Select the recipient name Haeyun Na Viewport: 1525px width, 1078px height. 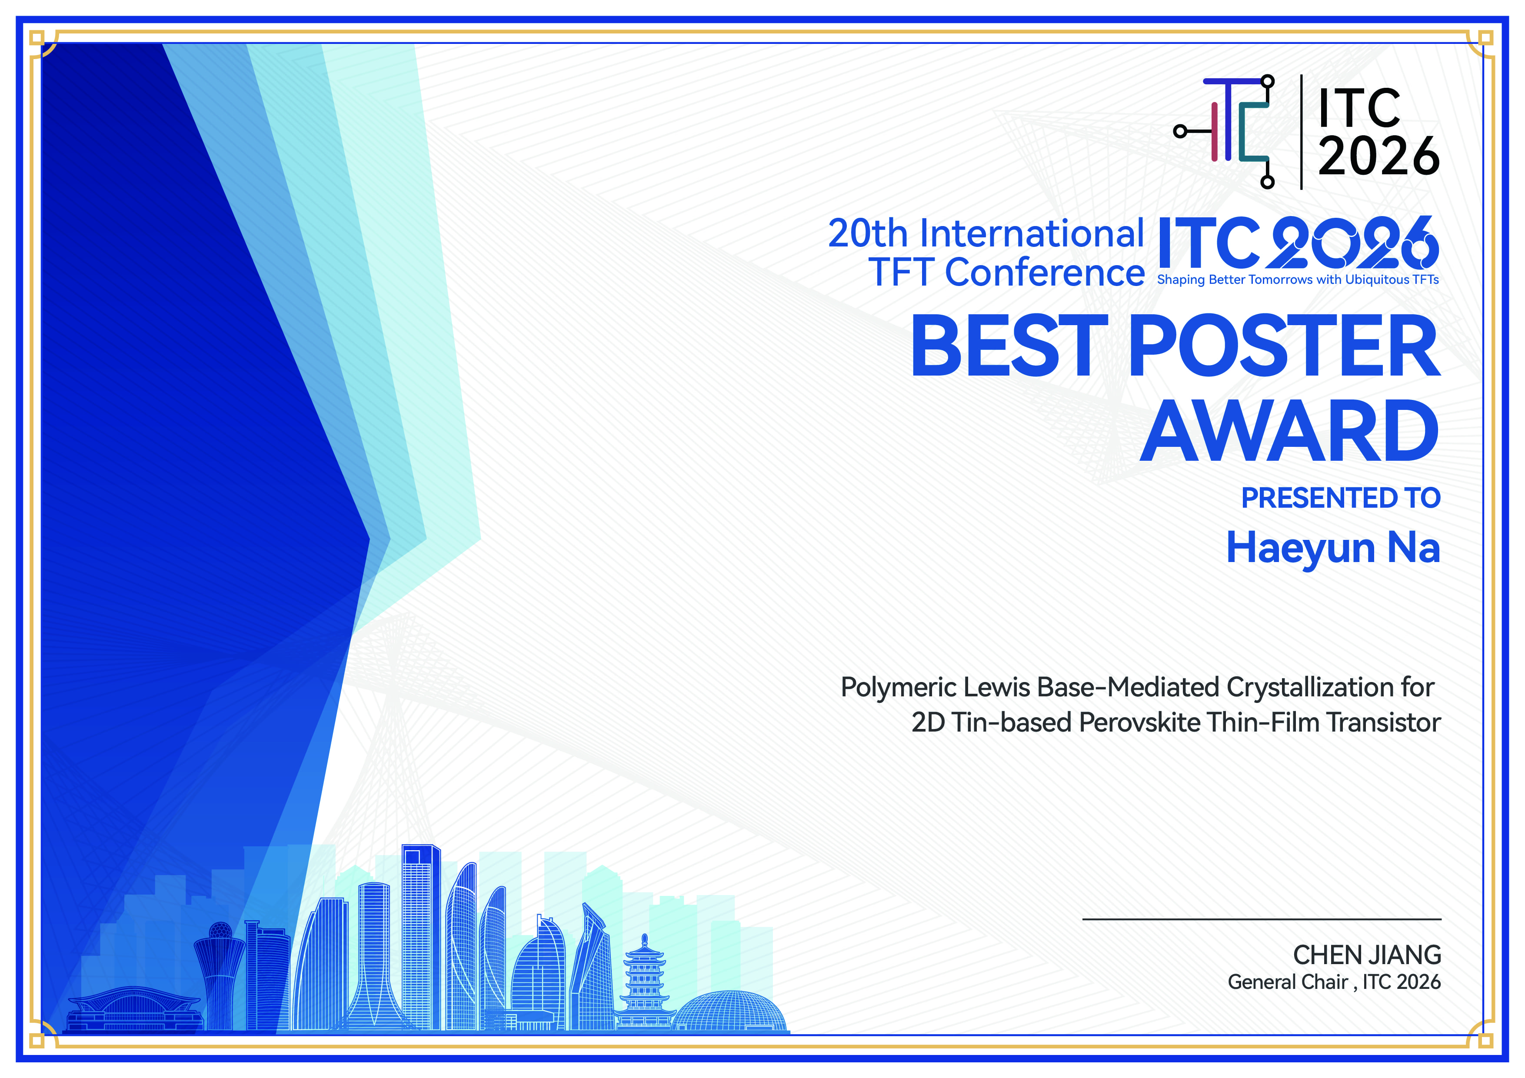(x=1332, y=549)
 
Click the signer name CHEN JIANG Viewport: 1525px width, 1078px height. (x=1367, y=955)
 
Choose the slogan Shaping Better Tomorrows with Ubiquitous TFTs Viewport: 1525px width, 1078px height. (x=1298, y=279)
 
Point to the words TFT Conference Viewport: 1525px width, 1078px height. (x=1006, y=272)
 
